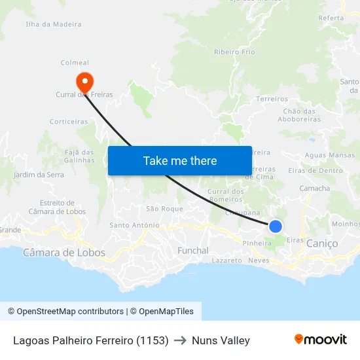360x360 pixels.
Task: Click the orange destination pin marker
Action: [84, 82]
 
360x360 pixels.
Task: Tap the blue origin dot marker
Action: [276, 226]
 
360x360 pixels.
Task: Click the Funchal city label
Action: [193, 250]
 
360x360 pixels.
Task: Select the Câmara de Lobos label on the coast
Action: [54, 252]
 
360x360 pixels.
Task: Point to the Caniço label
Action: [322, 243]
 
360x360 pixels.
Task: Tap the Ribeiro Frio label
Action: [234, 52]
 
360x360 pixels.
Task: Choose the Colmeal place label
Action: [75, 63]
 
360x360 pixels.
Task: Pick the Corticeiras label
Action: [69, 121]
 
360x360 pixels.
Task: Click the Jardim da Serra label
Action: [39, 175]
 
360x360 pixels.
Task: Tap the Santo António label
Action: [134, 225]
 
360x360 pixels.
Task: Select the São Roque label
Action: [164, 208]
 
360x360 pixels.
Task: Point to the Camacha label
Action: [314, 188]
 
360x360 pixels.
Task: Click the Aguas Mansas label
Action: [330, 155]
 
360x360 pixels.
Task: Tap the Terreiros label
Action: [272, 99]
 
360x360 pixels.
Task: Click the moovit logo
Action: [321, 340]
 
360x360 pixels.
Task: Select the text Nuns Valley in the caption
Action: [221, 340]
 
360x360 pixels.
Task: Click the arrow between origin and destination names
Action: [180, 340]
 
